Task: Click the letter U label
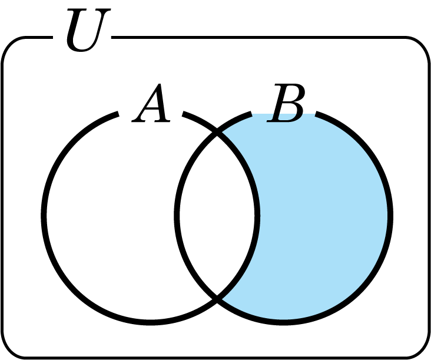88,29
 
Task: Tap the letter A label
151,103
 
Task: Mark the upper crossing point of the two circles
217,133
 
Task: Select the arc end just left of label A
118,114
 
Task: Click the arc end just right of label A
183,114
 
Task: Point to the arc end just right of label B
316,114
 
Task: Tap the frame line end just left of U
52,37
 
